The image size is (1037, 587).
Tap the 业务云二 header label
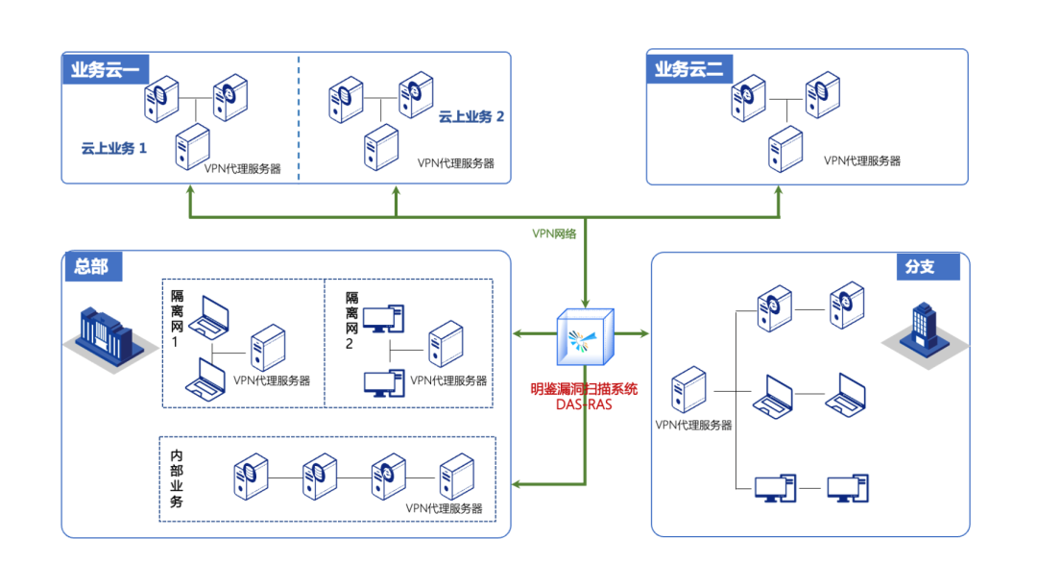click(x=689, y=69)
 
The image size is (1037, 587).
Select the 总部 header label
click(x=92, y=266)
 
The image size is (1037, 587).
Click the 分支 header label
click(x=919, y=266)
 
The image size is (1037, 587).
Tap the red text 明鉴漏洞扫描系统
click(x=584, y=389)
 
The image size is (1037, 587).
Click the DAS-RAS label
click(x=584, y=404)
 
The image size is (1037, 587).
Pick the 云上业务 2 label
click(x=470, y=116)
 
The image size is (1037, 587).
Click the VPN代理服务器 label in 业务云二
click(x=861, y=160)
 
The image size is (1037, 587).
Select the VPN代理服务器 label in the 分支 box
click(x=693, y=425)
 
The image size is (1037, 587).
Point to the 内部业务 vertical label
click(x=176, y=478)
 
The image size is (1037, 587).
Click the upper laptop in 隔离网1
click(x=208, y=318)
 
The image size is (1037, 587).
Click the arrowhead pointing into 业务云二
click(x=778, y=190)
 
